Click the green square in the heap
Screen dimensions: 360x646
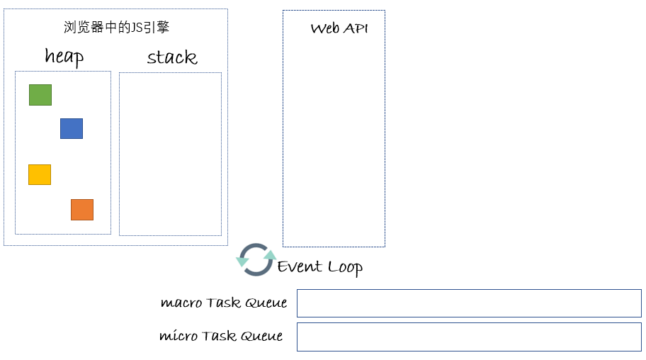[x=40, y=95]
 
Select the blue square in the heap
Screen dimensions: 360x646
[x=72, y=128]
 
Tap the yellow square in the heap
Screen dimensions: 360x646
[x=40, y=174]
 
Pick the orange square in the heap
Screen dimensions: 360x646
[x=82, y=210]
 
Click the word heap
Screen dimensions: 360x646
[x=64, y=57]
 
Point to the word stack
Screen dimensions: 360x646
[x=172, y=57]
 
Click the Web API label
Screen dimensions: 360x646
[x=339, y=29]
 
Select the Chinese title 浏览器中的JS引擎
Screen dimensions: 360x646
[x=116, y=28]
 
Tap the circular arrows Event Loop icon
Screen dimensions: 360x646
[x=256, y=259]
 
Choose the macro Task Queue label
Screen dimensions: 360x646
[x=224, y=303]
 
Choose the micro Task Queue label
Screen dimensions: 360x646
[x=221, y=336]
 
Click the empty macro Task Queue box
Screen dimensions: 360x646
[x=469, y=303]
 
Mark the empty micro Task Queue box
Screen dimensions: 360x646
[x=469, y=337]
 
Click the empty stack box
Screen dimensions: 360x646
[x=170, y=154]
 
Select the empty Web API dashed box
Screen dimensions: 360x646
[x=334, y=142]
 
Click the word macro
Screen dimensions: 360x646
[x=181, y=303]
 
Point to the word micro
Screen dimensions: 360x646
[x=178, y=336]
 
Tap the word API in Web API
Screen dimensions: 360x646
[x=356, y=29]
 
